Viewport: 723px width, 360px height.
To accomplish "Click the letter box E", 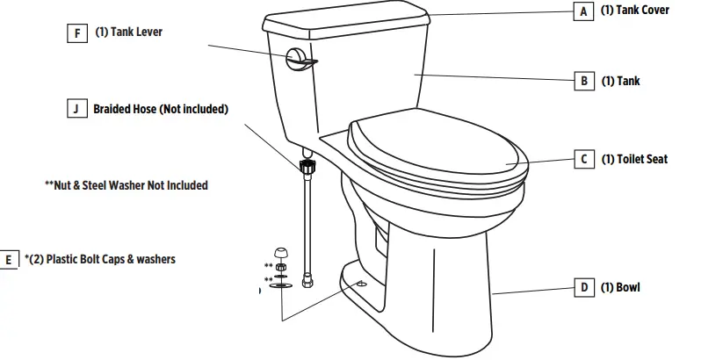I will click(x=10, y=260).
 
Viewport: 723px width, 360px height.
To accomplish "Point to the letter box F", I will click(x=77, y=33).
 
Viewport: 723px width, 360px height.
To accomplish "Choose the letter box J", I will click(x=77, y=110).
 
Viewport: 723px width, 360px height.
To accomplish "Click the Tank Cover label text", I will click(x=634, y=11).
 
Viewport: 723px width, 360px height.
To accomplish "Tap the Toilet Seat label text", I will click(x=634, y=159).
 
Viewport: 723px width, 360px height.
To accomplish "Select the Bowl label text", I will click(x=620, y=287).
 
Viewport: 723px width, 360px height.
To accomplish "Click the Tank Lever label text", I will click(x=128, y=32).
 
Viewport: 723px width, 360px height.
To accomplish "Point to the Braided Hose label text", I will click(x=161, y=110).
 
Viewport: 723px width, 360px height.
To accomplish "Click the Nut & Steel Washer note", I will click(x=126, y=185).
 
